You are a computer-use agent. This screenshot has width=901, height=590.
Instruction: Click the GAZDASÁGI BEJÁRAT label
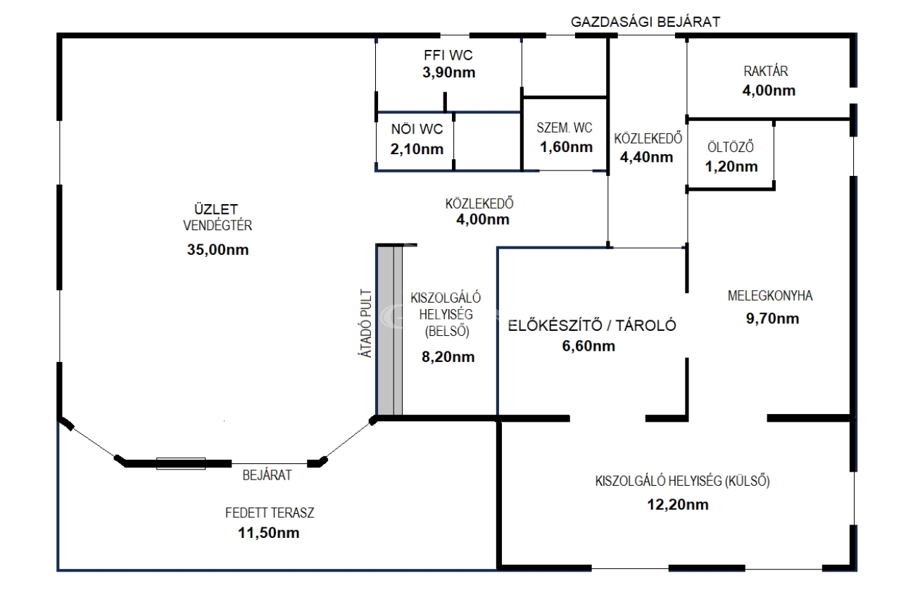click(x=645, y=22)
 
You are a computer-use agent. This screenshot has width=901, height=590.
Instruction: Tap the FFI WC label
click(x=448, y=55)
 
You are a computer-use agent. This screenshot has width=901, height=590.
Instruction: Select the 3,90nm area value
click(x=449, y=73)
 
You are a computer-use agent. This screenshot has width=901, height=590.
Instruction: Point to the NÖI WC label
click(x=417, y=129)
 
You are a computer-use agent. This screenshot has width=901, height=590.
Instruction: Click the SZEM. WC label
click(x=565, y=128)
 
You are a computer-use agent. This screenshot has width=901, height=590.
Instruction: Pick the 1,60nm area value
click(x=567, y=147)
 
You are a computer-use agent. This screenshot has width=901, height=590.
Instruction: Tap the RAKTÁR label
click(x=766, y=71)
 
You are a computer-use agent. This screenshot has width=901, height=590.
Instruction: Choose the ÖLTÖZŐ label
click(x=731, y=147)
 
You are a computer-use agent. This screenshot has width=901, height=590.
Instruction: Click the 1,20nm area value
click(x=731, y=166)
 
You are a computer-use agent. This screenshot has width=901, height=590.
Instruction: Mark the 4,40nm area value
click(x=646, y=157)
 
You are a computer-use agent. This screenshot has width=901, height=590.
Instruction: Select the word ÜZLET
click(x=216, y=209)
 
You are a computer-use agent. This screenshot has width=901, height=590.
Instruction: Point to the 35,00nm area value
click(x=218, y=249)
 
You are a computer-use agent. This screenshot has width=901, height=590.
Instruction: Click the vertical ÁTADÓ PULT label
click(x=365, y=323)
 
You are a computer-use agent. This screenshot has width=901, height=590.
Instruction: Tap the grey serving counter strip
click(x=389, y=330)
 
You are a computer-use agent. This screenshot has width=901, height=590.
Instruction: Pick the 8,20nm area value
click(x=448, y=356)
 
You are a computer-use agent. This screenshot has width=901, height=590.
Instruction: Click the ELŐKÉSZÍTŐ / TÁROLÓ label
click(x=592, y=325)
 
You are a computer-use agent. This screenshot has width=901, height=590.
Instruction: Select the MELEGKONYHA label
click(x=770, y=296)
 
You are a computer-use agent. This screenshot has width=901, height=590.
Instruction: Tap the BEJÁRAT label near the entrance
click(x=267, y=475)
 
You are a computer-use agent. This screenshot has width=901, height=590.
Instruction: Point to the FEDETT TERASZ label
click(x=270, y=513)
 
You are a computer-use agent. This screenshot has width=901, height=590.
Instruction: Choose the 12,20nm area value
click(x=678, y=504)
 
